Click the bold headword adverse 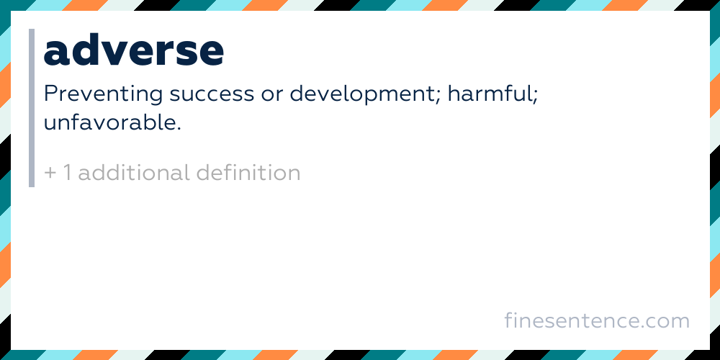(x=134, y=50)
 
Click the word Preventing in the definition (x=103, y=95)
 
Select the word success (x=211, y=95)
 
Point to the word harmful (x=489, y=94)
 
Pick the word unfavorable (x=109, y=122)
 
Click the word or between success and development (x=271, y=96)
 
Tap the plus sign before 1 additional (x=50, y=174)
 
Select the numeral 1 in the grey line (x=68, y=173)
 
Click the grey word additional (x=134, y=173)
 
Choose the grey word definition (x=248, y=173)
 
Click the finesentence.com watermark (x=597, y=320)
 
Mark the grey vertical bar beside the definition (x=32, y=108)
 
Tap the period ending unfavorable (x=179, y=129)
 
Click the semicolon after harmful (x=534, y=97)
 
